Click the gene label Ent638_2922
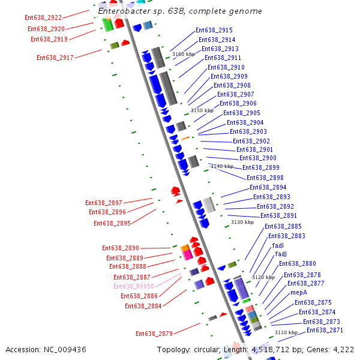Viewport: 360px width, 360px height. click(x=43, y=18)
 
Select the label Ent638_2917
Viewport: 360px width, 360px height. click(x=55, y=58)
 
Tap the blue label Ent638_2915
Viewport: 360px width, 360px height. click(x=214, y=30)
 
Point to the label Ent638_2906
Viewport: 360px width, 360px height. click(x=238, y=104)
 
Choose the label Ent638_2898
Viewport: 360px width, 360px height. click(x=265, y=178)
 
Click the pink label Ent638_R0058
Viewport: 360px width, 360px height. click(x=134, y=287)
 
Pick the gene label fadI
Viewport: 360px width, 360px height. click(x=278, y=245)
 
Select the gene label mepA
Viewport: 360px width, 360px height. click(x=299, y=293)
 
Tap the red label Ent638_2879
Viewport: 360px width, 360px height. click(x=154, y=334)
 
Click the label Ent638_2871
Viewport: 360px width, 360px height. click(x=325, y=331)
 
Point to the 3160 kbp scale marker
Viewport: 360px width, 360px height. click(x=184, y=54)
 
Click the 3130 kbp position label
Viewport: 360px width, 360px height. click(x=242, y=222)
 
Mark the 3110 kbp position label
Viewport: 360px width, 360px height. click(x=286, y=332)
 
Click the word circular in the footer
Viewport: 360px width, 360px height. click(x=208, y=349)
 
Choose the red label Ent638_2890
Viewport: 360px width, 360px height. click(x=121, y=248)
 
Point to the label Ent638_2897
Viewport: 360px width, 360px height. click(x=104, y=203)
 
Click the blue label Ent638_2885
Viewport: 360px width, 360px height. click(x=283, y=226)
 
